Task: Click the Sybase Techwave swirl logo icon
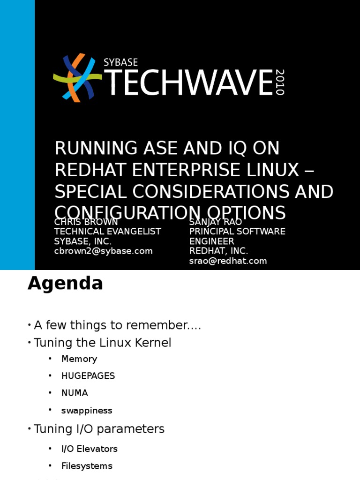tap(77, 77)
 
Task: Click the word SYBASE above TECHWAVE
tap(120, 62)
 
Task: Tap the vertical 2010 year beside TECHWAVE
tap(280, 82)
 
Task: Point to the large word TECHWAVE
tap(187, 83)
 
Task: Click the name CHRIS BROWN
tap(86, 222)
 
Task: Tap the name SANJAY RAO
tap(215, 222)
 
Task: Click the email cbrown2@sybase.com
tap(103, 251)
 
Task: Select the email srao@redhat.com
tap(228, 261)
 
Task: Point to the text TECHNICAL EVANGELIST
tap(107, 232)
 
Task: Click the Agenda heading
tap(65, 284)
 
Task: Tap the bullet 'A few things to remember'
tap(117, 325)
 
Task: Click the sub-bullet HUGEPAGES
tap(88, 376)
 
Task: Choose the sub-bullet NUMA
tap(75, 393)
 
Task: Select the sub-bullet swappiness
tap(87, 410)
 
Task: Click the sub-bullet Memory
tap(79, 359)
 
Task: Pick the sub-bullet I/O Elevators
tap(89, 449)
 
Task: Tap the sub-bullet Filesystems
tap(87, 466)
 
